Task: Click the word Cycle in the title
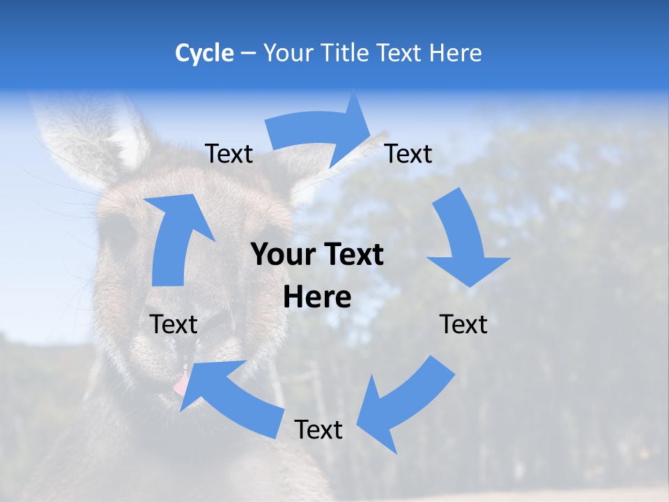(x=204, y=53)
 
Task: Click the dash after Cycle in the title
(x=248, y=53)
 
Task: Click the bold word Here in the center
(x=317, y=298)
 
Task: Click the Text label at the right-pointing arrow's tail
(x=229, y=154)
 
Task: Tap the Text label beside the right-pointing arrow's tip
(x=408, y=154)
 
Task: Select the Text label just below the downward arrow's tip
(x=463, y=324)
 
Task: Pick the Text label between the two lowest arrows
(x=318, y=429)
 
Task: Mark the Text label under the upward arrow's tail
(x=174, y=324)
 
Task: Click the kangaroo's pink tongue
(x=180, y=383)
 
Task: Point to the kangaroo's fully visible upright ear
(x=91, y=139)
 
